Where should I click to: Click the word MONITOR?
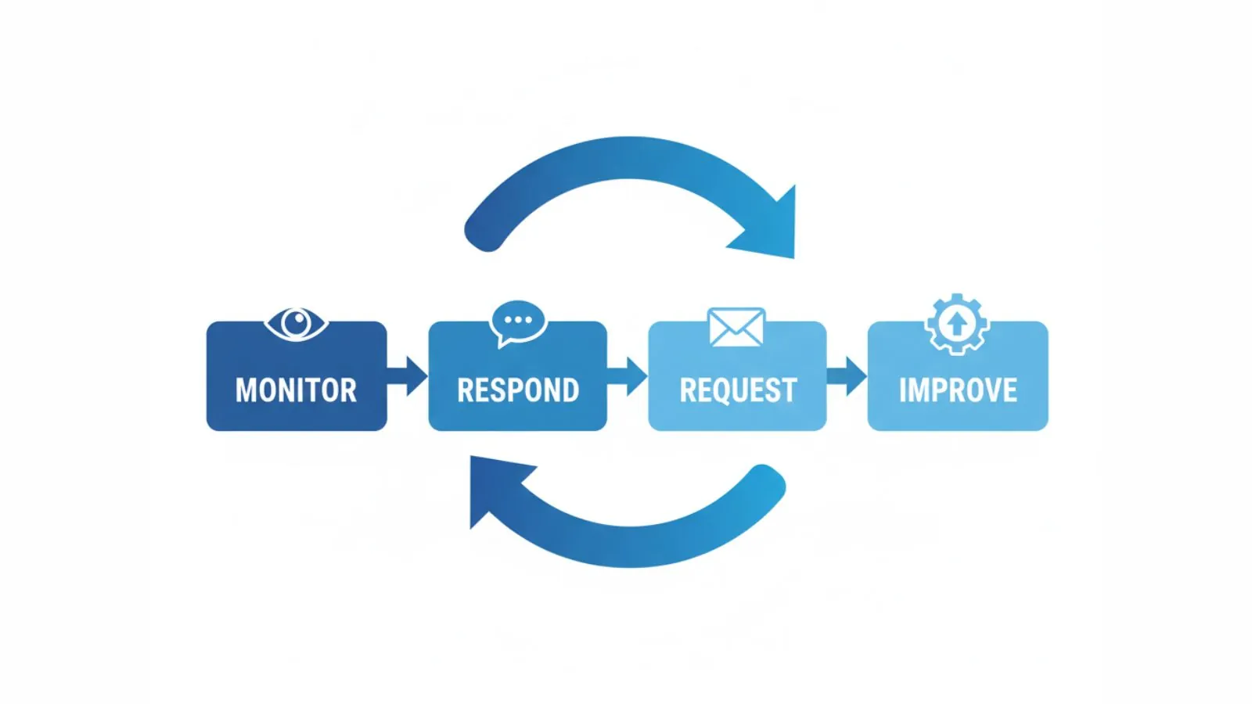click(296, 390)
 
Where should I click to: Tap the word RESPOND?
click(518, 390)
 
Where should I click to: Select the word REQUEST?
click(738, 390)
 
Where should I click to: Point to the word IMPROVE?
click(958, 390)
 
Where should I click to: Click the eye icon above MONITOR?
click(296, 323)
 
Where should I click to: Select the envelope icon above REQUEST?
click(736, 327)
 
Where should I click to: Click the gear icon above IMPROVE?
click(957, 324)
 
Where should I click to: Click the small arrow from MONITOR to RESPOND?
click(408, 376)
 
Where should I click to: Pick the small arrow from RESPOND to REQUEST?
click(628, 376)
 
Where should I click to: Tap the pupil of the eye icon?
click(296, 321)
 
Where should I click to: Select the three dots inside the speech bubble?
click(518, 320)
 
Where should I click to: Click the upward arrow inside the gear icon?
click(957, 323)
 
